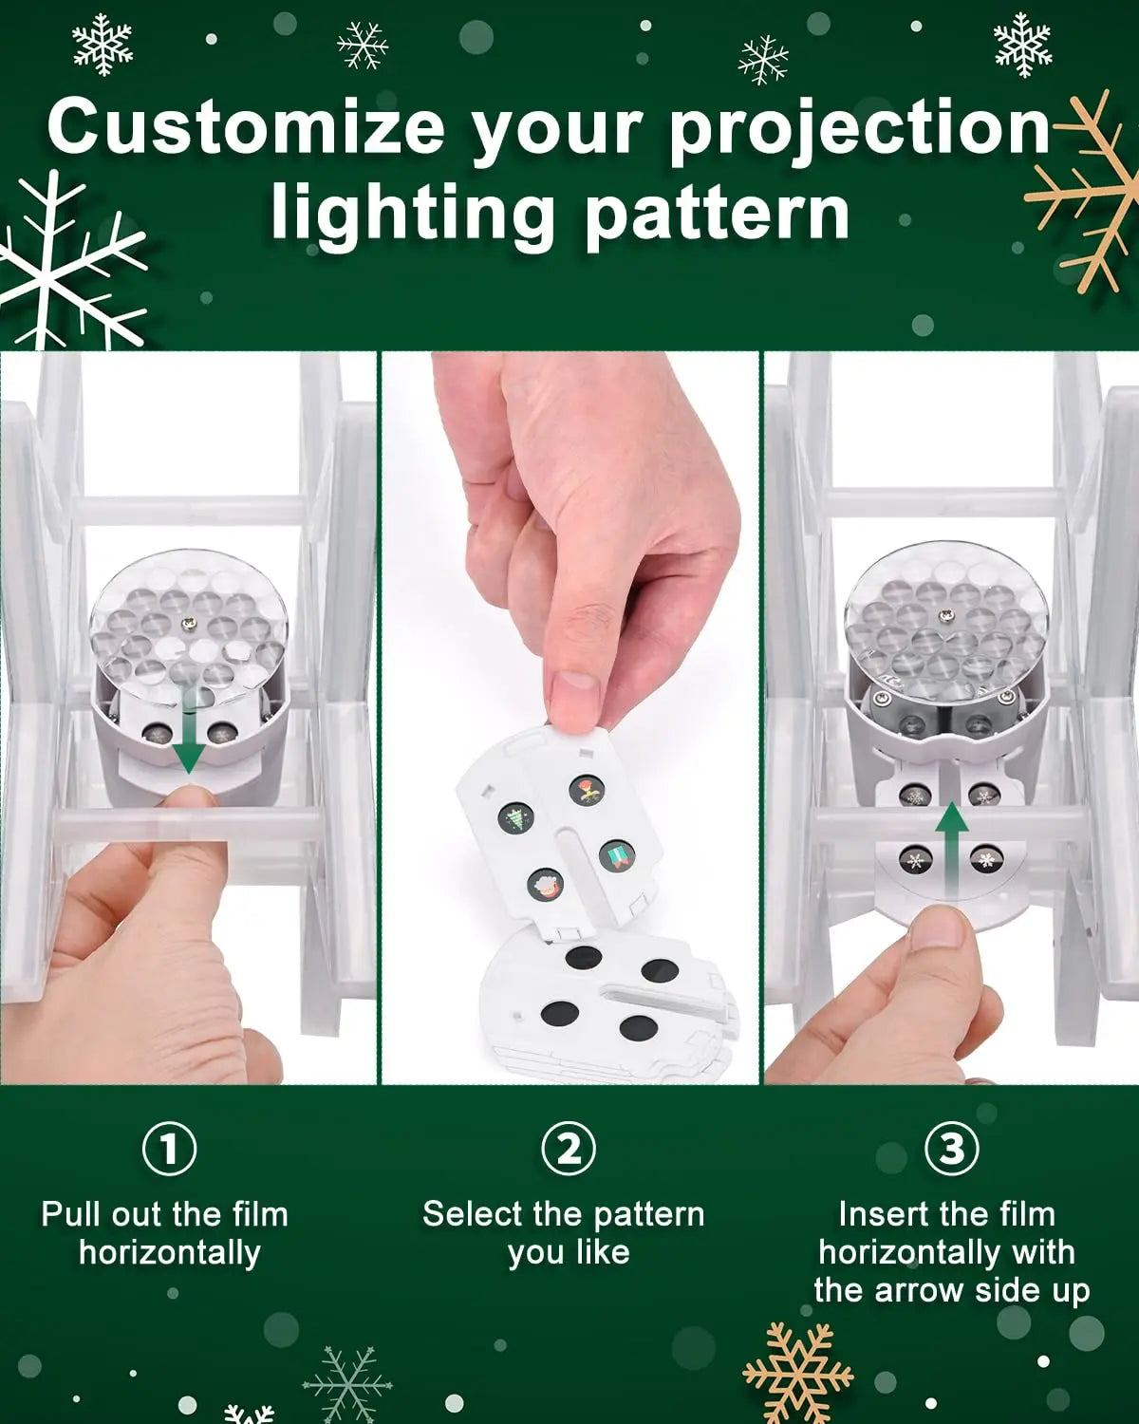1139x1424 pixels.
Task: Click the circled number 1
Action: coord(170,1149)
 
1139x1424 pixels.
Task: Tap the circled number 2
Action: coord(569,1149)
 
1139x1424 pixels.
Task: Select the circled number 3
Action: coord(952,1149)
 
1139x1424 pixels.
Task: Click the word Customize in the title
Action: coord(246,125)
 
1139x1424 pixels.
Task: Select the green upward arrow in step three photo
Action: coord(952,850)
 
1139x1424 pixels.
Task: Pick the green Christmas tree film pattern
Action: coord(515,817)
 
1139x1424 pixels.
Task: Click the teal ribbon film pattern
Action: coord(617,855)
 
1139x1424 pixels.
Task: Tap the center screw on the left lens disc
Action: coord(189,623)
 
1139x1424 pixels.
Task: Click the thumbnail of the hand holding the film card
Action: coord(569,718)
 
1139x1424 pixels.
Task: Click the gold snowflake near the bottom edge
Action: coord(798,1373)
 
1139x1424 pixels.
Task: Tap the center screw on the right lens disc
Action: coord(945,617)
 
